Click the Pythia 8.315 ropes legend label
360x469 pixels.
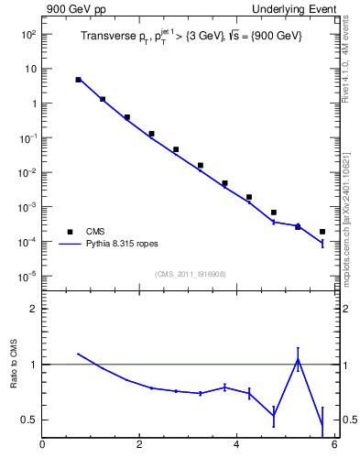coord(120,245)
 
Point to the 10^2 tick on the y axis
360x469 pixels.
coord(28,34)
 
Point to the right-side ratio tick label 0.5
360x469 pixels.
coord(350,420)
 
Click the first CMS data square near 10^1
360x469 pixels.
coord(79,80)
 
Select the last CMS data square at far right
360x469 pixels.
coord(322,232)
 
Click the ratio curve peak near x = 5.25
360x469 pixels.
coord(298,359)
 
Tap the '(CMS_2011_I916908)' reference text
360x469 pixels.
coord(189,274)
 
